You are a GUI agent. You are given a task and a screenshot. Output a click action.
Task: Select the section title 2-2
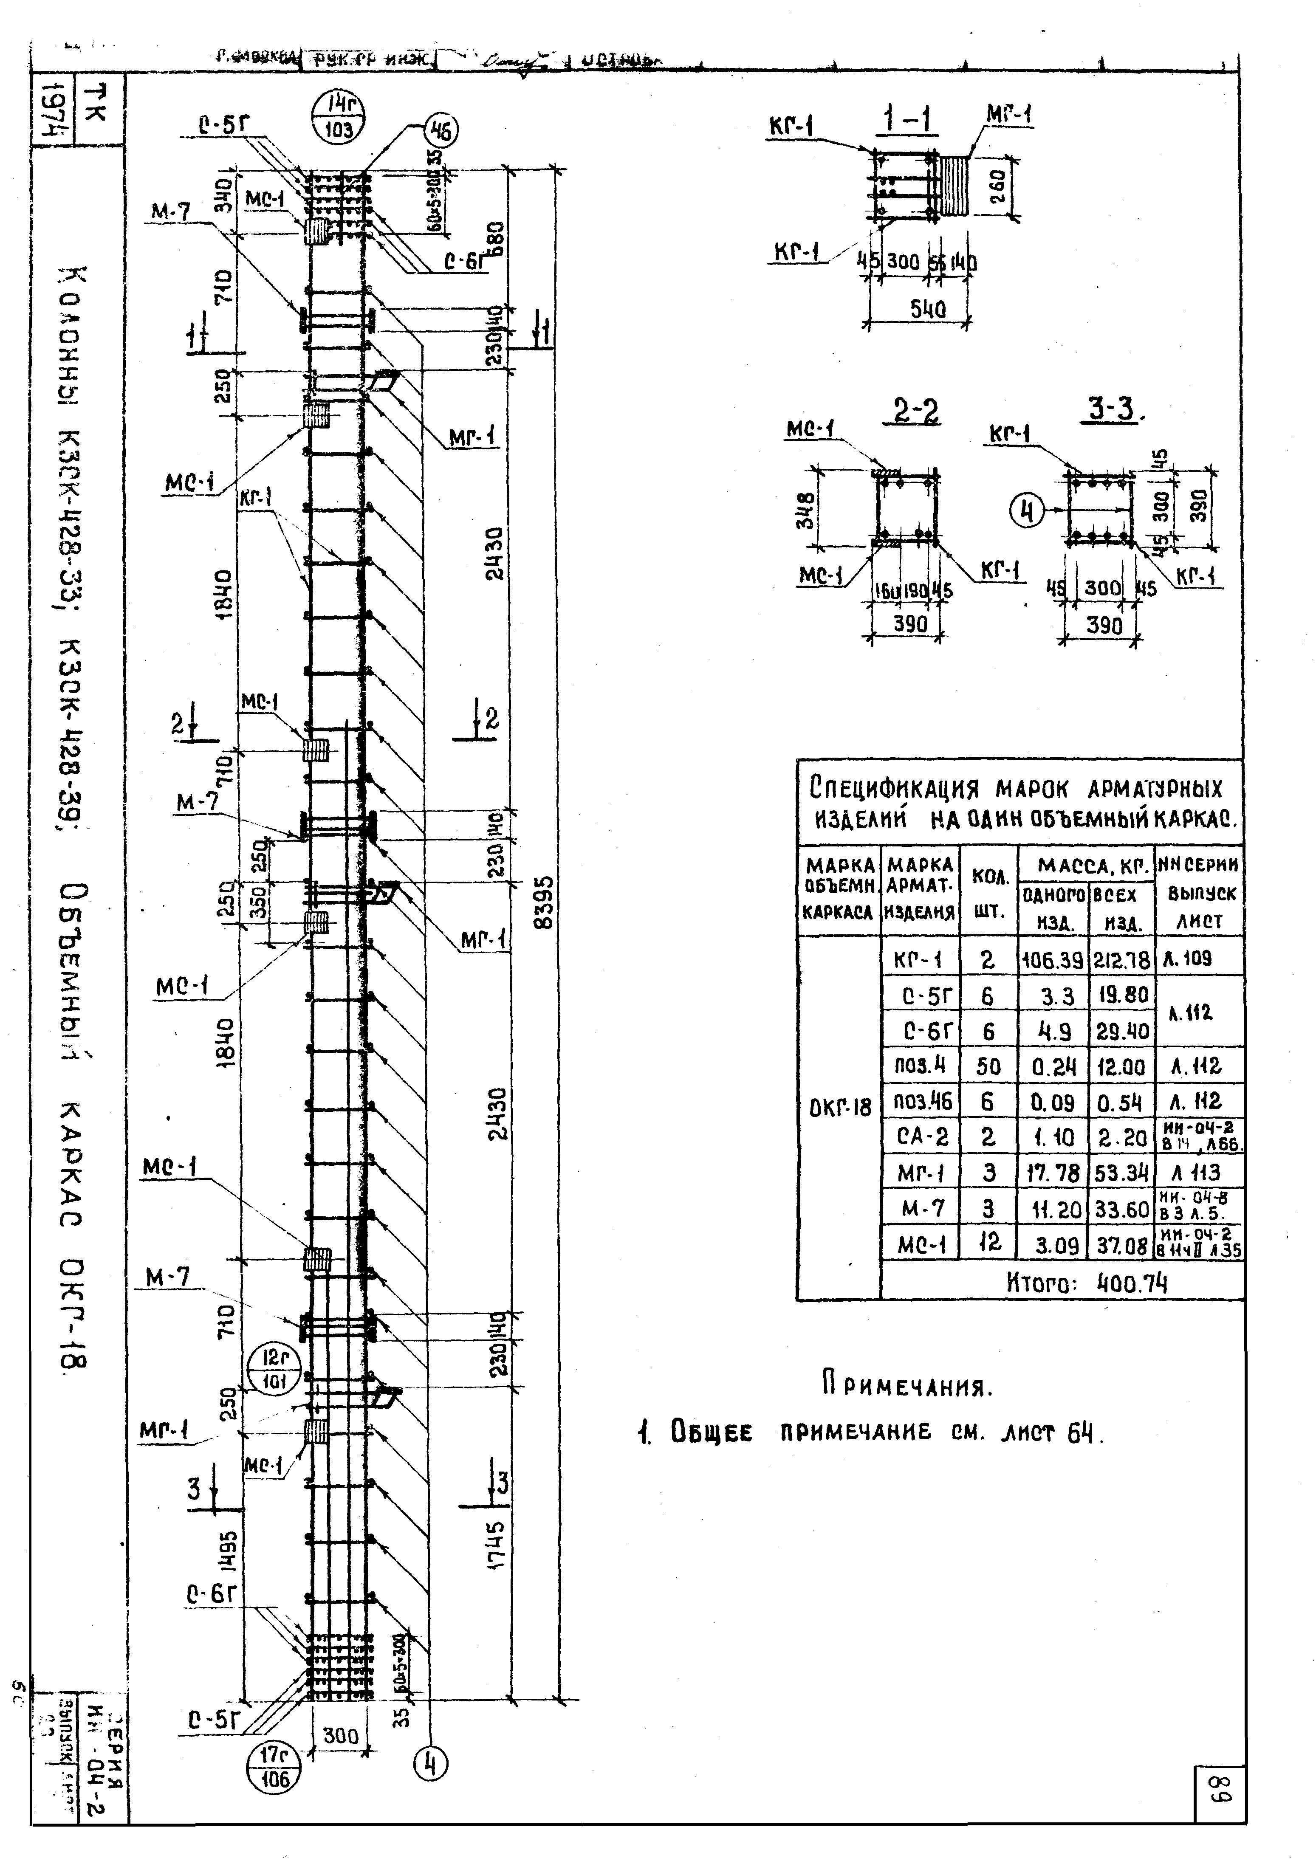[x=916, y=412]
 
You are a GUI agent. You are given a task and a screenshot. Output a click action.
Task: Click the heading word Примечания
[x=906, y=1387]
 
